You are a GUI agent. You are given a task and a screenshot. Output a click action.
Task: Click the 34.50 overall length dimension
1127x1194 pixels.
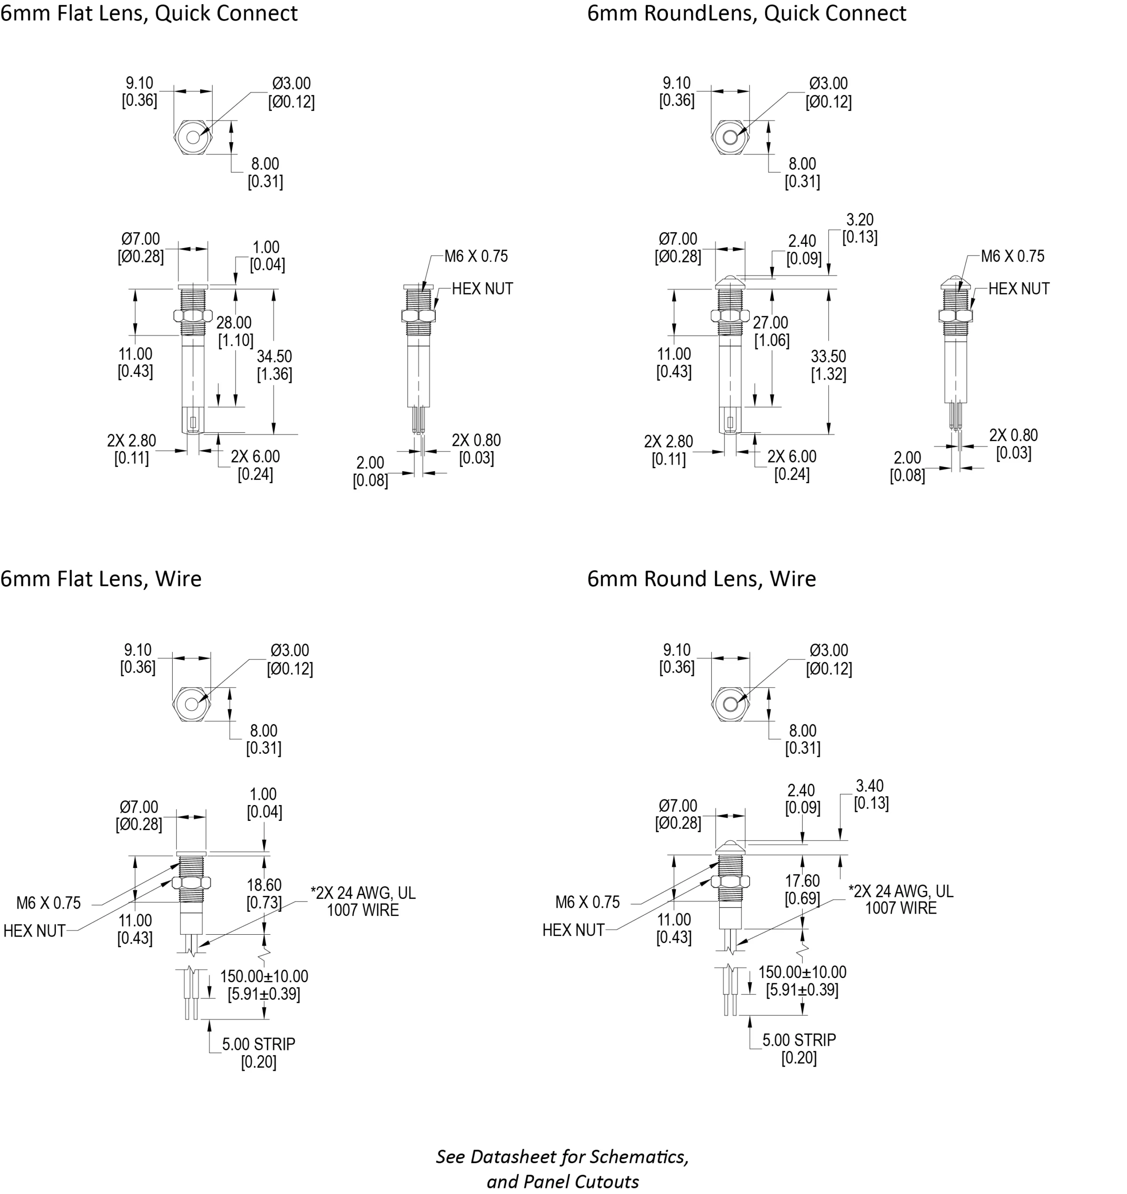point(275,356)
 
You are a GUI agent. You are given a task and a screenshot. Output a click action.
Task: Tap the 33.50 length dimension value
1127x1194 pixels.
point(828,356)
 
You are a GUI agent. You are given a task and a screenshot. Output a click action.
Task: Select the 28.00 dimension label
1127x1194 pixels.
point(234,323)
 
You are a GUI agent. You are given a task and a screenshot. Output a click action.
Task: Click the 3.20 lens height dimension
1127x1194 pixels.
point(860,220)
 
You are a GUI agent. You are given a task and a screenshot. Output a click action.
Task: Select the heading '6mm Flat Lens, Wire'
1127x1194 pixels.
point(101,578)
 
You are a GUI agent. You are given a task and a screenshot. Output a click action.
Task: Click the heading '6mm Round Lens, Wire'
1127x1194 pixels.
point(701,578)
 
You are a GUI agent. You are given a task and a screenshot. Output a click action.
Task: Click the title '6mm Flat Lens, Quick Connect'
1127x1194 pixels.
point(148,13)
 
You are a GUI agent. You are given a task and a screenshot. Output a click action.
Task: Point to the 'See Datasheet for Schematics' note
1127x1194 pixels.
point(562,1156)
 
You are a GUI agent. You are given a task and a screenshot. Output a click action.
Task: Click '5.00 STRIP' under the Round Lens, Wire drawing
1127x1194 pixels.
point(799,1040)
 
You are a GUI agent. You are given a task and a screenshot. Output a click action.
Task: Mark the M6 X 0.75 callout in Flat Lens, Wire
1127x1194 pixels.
point(48,902)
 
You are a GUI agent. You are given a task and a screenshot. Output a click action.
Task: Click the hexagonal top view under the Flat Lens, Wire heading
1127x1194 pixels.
point(192,704)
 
